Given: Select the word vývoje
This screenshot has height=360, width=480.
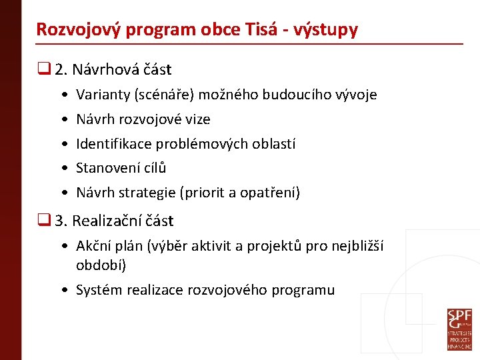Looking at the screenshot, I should click(x=358, y=95).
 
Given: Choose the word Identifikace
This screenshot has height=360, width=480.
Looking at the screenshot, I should click(x=113, y=144).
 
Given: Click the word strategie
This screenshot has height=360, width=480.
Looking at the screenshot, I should click(x=145, y=193).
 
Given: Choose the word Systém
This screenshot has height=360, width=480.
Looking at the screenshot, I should click(x=99, y=290).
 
